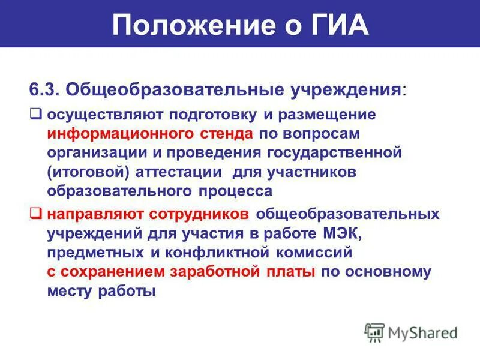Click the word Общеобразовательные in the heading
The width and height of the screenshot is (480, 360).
click(174, 91)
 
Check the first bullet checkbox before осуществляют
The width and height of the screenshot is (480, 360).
click(36, 112)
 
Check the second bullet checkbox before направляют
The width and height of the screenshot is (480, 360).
click(36, 213)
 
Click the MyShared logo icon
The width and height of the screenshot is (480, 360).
click(376, 331)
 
